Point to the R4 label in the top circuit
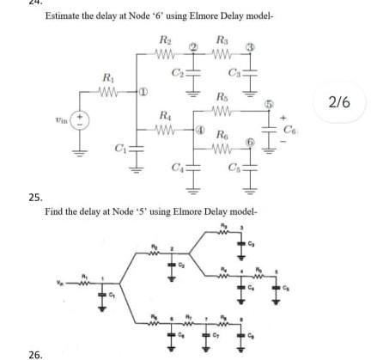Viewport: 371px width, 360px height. click(x=164, y=114)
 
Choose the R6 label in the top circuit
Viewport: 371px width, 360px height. click(x=222, y=136)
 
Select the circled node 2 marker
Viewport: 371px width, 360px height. click(x=193, y=44)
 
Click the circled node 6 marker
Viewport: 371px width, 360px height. click(x=251, y=140)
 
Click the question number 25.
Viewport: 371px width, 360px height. click(x=34, y=197)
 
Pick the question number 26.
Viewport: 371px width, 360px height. click(x=34, y=352)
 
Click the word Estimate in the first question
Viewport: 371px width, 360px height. click(x=61, y=17)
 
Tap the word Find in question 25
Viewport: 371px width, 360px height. click(x=52, y=210)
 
